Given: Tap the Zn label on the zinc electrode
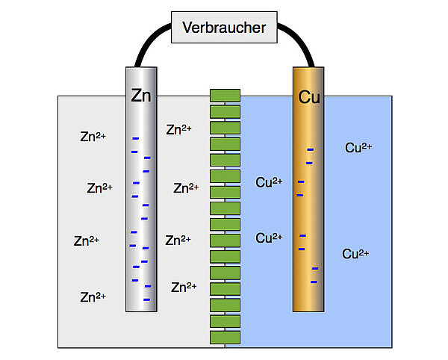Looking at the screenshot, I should coord(141,96).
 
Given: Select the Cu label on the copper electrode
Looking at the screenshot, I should coord(309,97).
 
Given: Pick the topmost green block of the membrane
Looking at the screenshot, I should coord(225,95).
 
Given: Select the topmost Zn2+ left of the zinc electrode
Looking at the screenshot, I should coord(93,137).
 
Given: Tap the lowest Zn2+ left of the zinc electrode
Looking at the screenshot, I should coord(93,297).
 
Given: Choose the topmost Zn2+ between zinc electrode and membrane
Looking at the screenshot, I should coord(178,129).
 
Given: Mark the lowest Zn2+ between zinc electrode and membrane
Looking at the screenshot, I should coord(184,287).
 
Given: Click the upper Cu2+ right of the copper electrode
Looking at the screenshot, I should coord(358,147).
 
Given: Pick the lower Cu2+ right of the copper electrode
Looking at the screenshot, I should coord(356,254).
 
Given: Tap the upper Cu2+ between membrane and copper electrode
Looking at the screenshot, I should coord(269,181).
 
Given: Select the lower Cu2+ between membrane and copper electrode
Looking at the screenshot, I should coord(269,238).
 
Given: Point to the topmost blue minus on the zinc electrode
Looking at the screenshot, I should coord(135,138).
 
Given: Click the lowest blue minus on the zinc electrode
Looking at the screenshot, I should coord(147,299).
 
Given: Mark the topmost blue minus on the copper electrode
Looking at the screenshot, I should coord(310,150).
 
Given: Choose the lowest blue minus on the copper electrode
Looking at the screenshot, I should coord(314,282).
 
